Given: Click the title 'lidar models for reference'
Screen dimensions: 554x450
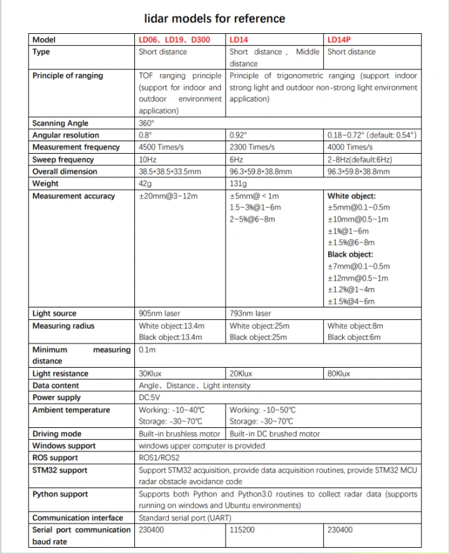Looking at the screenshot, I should tap(214, 19).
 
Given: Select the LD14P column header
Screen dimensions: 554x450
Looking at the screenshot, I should tap(339, 40).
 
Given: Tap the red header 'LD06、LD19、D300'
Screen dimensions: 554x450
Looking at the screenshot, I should tap(174, 40).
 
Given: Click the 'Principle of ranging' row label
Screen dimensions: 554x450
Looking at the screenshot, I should tap(67, 75).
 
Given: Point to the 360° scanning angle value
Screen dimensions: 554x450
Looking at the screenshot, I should tap(145, 123).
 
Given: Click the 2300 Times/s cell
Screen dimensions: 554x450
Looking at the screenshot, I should tap(252, 147).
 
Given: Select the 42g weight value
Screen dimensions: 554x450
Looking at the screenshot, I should tap(145, 184).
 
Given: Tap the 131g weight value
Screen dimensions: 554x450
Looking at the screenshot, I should tap(237, 184).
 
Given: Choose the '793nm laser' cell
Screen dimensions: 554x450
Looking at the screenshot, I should tap(250, 314).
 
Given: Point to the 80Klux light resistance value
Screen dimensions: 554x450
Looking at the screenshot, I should tap(339, 373).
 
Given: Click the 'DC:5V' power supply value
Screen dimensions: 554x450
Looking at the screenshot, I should tap(149, 397).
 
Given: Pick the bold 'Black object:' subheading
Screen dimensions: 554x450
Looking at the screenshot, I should tap(350, 254).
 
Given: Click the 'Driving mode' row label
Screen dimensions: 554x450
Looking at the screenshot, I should tap(57, 434).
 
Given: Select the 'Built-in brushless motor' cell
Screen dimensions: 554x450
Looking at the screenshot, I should tap(179, 434).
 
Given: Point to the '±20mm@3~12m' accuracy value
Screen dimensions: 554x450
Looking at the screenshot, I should tap(168, 196).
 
